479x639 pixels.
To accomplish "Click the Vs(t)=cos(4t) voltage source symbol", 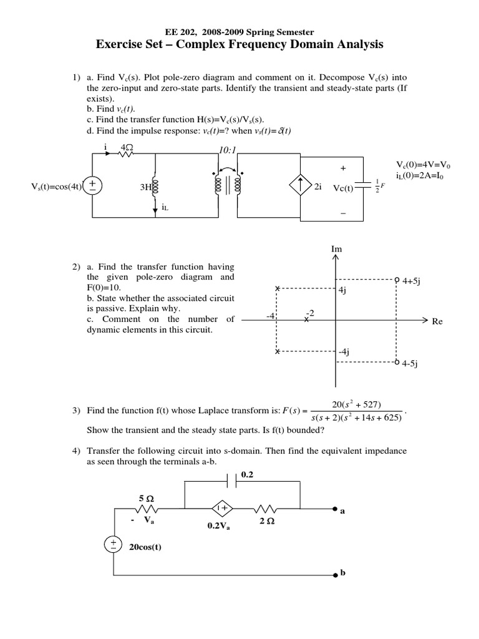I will coord(93,185).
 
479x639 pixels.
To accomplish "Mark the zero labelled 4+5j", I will coord(397,280).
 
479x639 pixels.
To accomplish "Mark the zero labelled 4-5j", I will coord(397,361).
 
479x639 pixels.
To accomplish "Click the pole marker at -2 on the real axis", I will coord(306,319).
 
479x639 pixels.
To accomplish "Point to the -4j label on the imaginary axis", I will coord(344,352).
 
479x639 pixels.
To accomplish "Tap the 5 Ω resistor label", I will coord(146,499).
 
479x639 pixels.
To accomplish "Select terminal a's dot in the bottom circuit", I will coord(336,508).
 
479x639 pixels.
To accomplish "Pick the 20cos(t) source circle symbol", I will coord(113,545).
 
